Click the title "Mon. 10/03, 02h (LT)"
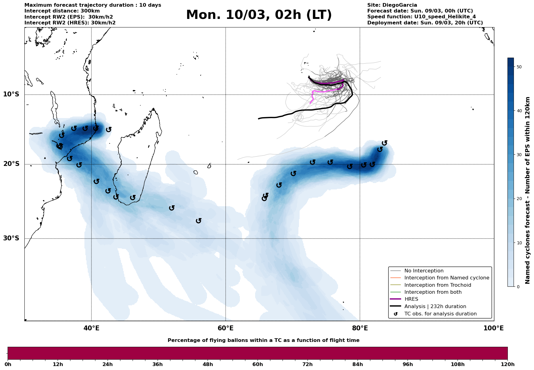pos(259,15)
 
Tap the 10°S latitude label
pos(11,94)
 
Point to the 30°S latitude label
pos(11,238)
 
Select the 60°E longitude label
pos(226,328)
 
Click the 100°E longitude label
pos(493,328)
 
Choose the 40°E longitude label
pos(91,328)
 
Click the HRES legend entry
pos(411,299)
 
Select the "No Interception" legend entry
pos(424,271)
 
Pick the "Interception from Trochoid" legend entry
pos(437,285)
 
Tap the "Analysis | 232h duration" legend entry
pos(435,307)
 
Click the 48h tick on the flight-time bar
pos(208,364)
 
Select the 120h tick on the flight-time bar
pos(507,364)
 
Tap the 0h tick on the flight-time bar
pos(8,364)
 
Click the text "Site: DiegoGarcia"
pos(392,5)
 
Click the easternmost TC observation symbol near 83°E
pos(385,143)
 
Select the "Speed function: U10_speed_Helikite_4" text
pos(421,17)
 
